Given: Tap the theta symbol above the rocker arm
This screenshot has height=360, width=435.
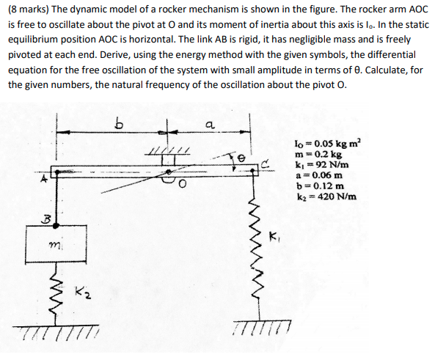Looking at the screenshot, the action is click(x=240, y=156).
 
